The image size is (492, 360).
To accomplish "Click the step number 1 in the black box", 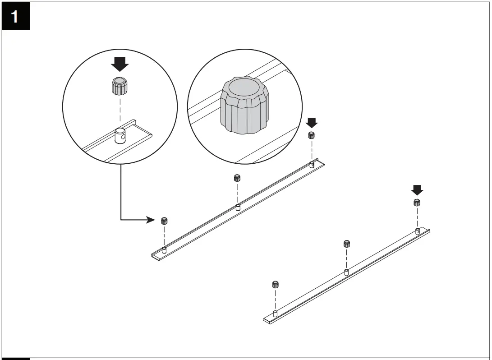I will click(15, 17).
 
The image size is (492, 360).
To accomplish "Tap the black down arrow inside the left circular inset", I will click(120, 64).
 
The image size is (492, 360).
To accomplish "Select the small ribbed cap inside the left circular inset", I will click(120, 85).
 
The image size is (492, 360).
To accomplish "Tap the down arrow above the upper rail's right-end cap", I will click(311, 122).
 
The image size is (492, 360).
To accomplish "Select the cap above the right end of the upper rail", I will click(311, 135).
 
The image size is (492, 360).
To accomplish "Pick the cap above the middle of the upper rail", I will click(237, 178).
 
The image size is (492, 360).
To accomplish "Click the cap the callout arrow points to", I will click(165, 221).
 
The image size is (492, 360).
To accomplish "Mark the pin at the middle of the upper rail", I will click(238, 208).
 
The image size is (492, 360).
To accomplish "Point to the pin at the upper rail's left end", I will click(164, 250).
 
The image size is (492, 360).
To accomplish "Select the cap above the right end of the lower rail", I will click(417, 202).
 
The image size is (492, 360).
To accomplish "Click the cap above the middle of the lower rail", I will click(346, 244).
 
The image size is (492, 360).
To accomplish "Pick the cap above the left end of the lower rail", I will click(275, 284).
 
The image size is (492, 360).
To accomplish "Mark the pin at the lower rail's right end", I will click(418, 231).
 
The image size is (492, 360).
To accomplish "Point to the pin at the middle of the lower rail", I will click(346, 272).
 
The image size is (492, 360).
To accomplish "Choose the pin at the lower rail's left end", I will click(275, 313).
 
